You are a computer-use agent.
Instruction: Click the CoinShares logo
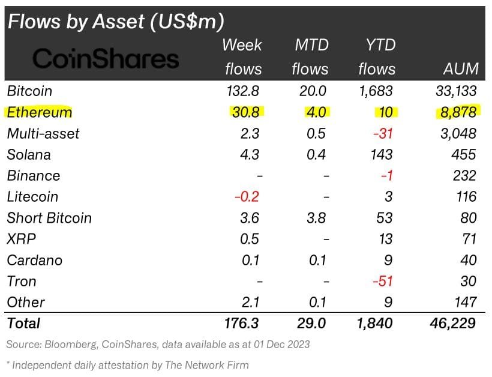(106, 58)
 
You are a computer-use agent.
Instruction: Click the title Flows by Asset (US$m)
(115, 21)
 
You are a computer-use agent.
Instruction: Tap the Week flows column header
(242, 56)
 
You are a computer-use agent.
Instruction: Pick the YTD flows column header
(377, 56)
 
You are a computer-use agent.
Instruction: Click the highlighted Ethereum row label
(39, 112)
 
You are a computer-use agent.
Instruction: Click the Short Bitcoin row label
(49, 217)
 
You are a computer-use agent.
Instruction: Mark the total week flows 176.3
(240, 323)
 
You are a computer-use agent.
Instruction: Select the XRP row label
(22, 239)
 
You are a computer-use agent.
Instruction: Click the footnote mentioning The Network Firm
(127, 364)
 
